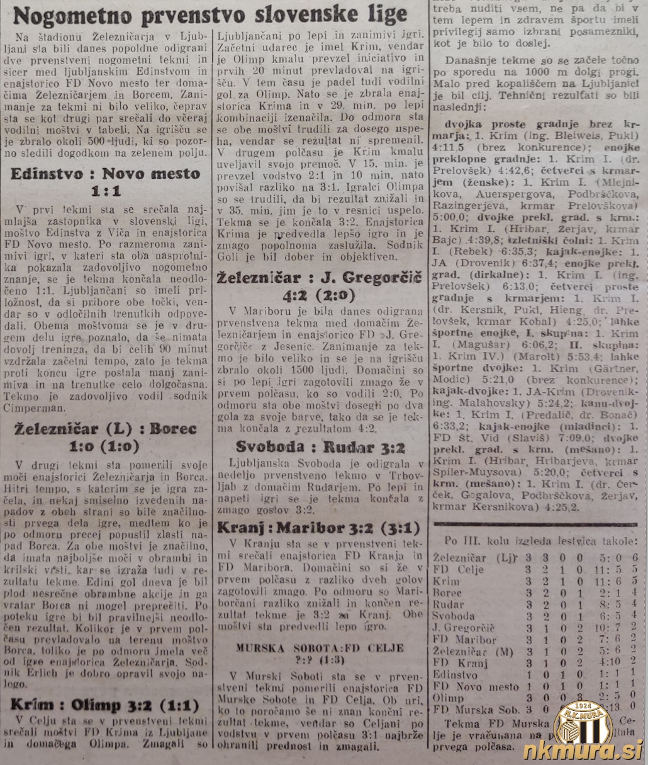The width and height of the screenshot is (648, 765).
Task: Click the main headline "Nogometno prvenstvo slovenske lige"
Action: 210,14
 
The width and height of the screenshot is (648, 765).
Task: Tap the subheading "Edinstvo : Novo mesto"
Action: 106,174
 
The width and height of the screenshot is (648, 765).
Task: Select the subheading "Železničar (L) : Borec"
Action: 106,429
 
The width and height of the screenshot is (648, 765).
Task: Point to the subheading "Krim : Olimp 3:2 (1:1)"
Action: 104,705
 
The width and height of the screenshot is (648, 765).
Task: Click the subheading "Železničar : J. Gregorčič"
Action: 319,278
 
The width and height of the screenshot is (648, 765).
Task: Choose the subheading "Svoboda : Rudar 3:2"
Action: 320,448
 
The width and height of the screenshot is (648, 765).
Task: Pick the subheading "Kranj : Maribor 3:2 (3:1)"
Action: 319,528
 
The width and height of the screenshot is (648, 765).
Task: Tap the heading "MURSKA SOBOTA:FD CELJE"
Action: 320,647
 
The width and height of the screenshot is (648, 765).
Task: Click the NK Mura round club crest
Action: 582,722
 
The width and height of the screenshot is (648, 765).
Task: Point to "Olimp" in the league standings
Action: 449,698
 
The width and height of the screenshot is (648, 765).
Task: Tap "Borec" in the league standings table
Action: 448,592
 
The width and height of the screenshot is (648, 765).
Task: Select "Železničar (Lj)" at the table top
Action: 469,558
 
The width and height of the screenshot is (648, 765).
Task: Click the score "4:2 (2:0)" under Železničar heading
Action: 319,295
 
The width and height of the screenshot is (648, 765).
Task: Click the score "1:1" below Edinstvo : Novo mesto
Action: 106,191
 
